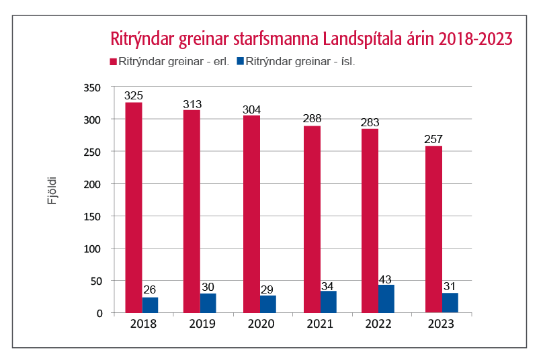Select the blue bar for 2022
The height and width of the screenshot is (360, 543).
(386, 299)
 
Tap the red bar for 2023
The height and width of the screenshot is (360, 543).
(433, 229)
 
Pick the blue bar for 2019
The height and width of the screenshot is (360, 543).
(208, 303)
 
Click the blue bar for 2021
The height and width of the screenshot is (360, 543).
(329, 302)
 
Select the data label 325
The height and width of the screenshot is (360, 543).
(133, 96)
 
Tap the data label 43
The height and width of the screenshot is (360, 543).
(387, 279)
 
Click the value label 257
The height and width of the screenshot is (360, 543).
(433, 140)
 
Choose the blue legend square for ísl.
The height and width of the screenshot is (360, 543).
(240, 61)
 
